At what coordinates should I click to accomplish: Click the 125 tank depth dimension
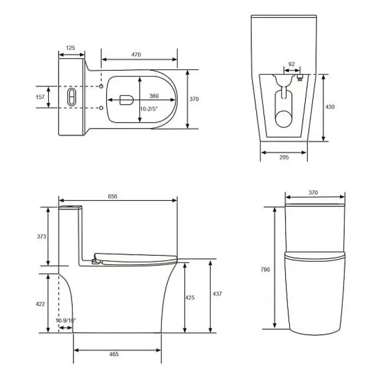pos(70,48)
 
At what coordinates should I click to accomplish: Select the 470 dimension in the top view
pos(136,54)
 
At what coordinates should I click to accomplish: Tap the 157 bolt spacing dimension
pos(40,97)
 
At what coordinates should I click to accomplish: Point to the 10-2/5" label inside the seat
pos(149,109)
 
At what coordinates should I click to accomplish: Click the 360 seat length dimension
pos(154,96)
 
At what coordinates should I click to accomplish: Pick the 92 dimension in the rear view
pos(292,64)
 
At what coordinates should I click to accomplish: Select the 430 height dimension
pos(330,107)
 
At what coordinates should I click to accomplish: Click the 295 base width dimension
pos(284,157)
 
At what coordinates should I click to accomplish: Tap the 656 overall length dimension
pos(113,196)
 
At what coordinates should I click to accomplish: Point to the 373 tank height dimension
pos(41,236)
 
